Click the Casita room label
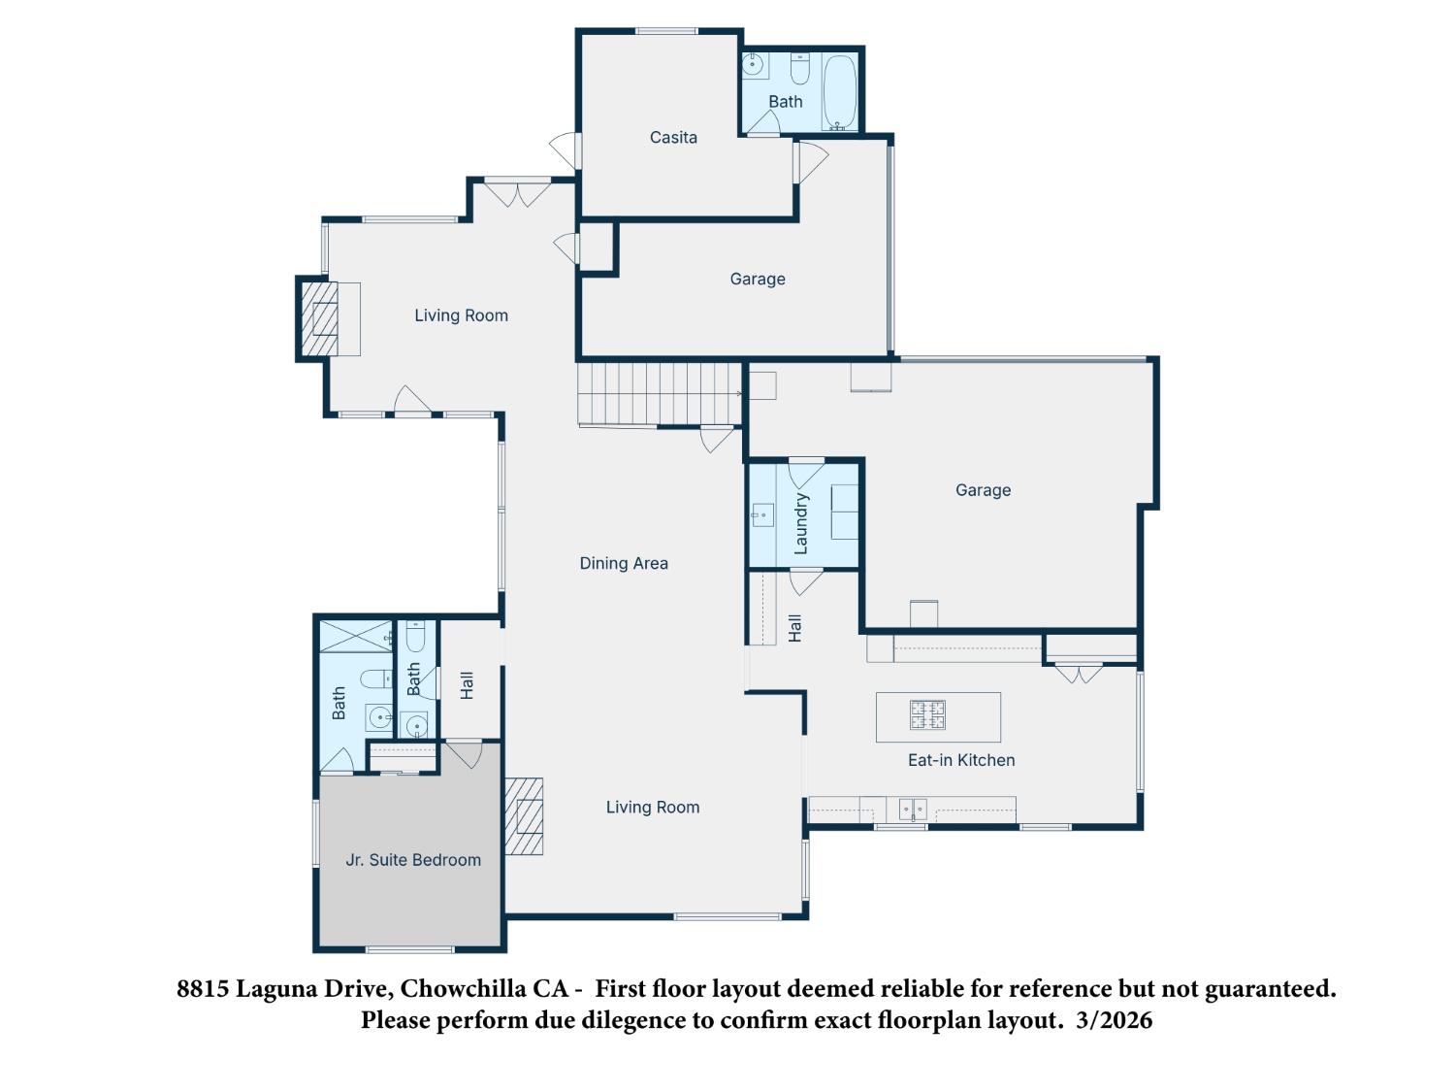point(673,138)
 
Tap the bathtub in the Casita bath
point(839,92)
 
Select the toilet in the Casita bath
point(799,70)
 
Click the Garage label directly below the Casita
point(758,280)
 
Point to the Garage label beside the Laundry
point(983,490)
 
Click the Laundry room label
point(801,523)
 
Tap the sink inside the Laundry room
point(761,514)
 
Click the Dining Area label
point(624,563)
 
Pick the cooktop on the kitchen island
point(927,715)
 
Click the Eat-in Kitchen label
point(961,760)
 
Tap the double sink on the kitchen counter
point(912,808)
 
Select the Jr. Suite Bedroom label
point(413,860)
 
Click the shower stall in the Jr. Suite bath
point(356,637)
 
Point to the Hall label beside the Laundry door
point(795,628)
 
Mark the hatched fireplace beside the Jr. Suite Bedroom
point(524,816)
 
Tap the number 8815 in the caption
point(204,989)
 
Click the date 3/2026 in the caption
point(1115,1020)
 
